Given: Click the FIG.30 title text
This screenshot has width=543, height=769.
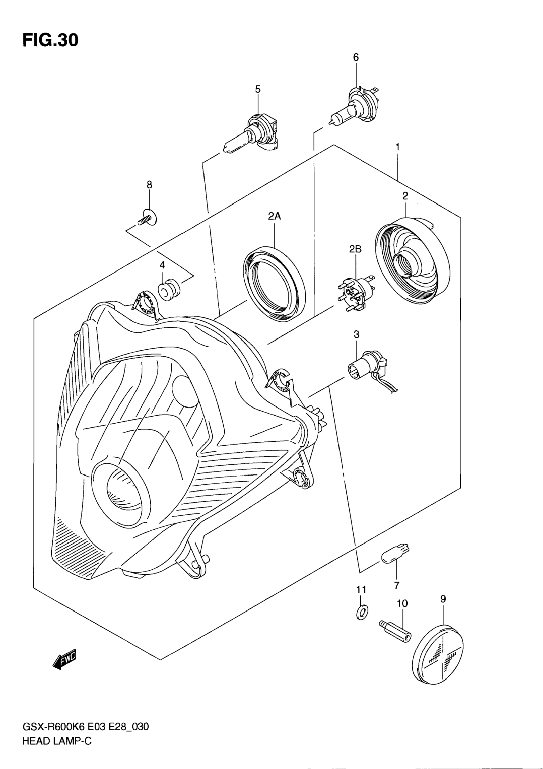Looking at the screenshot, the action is [x=51, y=40].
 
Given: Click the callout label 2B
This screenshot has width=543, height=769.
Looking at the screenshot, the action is [x=356, y=249].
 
